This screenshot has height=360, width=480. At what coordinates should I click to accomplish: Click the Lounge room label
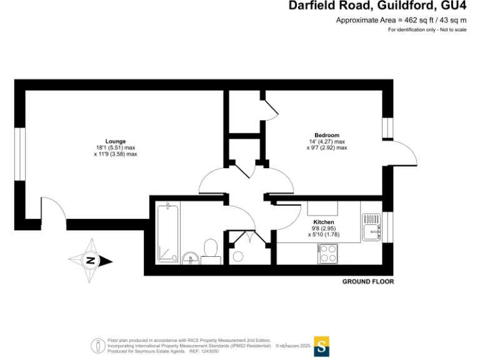(x=115, y=141)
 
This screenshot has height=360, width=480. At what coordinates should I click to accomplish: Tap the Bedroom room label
(x=326, y=136)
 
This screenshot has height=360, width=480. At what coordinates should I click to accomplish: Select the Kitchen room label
(x=323, y=222)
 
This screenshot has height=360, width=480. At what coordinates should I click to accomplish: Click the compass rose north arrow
(x=91, y=261)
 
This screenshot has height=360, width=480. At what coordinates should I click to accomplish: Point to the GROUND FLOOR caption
(x=368, y=282)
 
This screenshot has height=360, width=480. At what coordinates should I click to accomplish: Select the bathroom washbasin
(x=191, y=257)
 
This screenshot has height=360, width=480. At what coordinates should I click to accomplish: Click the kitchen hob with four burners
(x=327, y=253)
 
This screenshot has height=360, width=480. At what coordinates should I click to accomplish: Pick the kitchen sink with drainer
(x=372, y=227)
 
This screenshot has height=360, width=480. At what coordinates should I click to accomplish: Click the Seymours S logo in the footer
(x=321, y=346)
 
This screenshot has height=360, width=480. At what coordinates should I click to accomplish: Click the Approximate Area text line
(x=401, y=20)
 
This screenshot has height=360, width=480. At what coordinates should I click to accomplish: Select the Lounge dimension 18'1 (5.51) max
(x=115, y=147)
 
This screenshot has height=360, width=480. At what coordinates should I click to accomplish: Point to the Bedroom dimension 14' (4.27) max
(x=326, y=142)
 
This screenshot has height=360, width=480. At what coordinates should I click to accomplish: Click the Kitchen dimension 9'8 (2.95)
(x=323, y=229)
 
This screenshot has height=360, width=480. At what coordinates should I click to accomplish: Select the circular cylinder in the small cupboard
(x=238, y=256)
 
